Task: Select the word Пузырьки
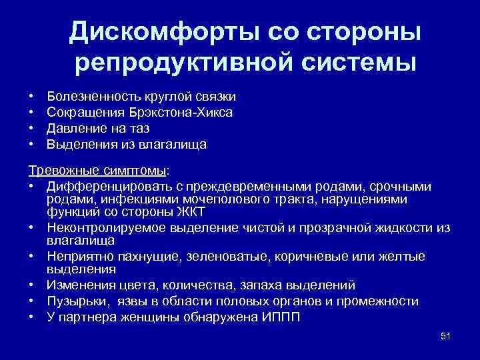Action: (x=74, y=301)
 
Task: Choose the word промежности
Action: (x=383, y=301)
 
